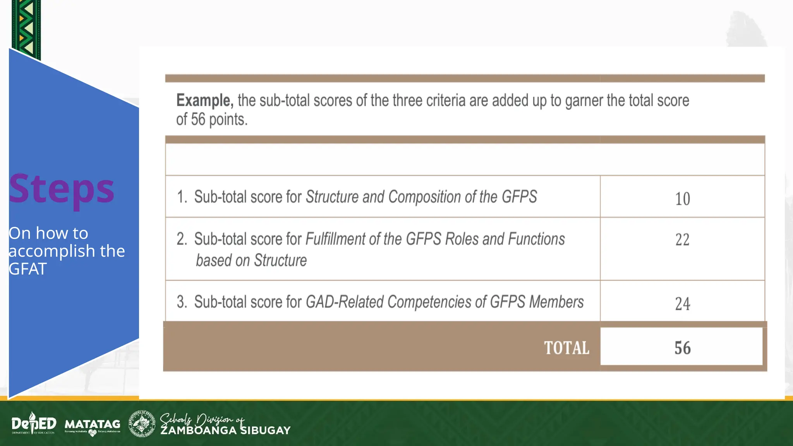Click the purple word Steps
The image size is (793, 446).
(62, 189)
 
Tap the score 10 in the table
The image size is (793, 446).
(682, 199)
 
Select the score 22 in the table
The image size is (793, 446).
(682, 240)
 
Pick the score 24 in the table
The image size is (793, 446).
(682, 304)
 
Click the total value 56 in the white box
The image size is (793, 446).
(682, 348)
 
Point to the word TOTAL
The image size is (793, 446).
(566, 348)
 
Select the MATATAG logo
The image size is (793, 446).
(93, 425)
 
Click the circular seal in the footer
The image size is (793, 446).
(142, 424)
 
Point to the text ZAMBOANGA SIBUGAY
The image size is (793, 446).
(225, 431)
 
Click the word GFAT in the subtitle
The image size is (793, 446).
(27, 269)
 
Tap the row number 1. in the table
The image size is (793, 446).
(182, 197)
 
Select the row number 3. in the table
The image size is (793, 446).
(182, 302)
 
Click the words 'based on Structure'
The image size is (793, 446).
(251, 261)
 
